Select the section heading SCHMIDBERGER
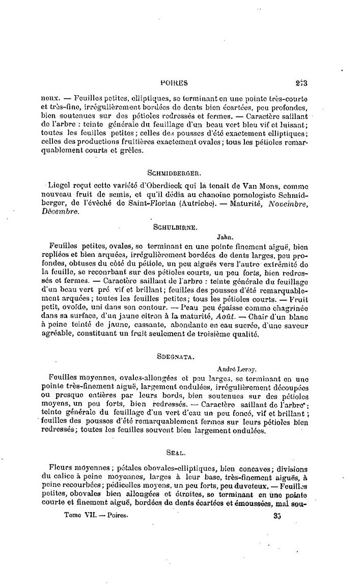[x=177, y=173]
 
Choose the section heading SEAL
[x=176, y=452]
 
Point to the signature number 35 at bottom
[x=278, y=516]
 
